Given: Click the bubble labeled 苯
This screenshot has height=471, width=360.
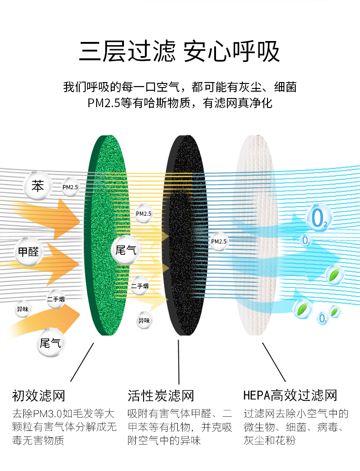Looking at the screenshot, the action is pyautogui.click(x=38, y=186).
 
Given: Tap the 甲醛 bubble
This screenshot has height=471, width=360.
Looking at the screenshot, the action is pyautogui.click(x=28, y=251).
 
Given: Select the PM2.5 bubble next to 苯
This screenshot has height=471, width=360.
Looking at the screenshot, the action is pyautogui.click(x=70, y=187).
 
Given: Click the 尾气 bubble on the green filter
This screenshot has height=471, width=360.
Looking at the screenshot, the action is pyautogui.click(x=125, y=249).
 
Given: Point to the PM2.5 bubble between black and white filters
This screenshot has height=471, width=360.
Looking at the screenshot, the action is pyautogui.click(x=219, y=242).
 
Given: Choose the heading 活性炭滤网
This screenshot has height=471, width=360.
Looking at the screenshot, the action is pyautogui.click(x=160, y=395).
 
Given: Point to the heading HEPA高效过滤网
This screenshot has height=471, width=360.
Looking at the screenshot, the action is pyautogui.click(x=290, y=395).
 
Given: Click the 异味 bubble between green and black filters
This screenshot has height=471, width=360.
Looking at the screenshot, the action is pyautogui.click(x=144, y=321).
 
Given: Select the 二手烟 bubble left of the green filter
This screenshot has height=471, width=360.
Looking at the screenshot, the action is pyautogui.click(x=56, y=300).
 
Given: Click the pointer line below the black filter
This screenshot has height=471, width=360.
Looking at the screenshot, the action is pyautogui.click(x=179, y=362).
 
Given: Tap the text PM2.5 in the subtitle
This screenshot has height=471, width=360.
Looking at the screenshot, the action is pyautogui.click(x=103, y=104).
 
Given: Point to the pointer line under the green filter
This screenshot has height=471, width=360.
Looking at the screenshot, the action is pyautogui.click(x=82, y=362).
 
